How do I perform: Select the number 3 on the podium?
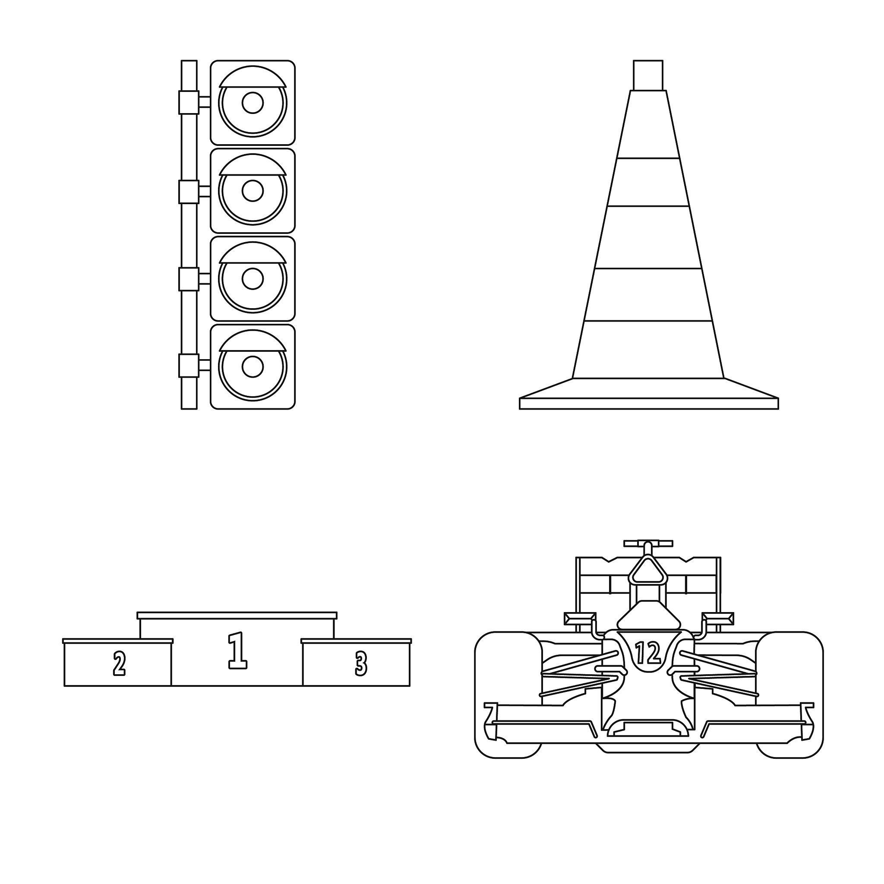(361, 664)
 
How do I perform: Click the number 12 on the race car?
(648, 653)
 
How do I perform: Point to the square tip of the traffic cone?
(648, 76)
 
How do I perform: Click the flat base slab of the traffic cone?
(649, 404)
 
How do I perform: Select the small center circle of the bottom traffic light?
(253, 366)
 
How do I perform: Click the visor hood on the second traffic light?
(253, 165)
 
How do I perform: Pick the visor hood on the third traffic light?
(253, 253)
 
